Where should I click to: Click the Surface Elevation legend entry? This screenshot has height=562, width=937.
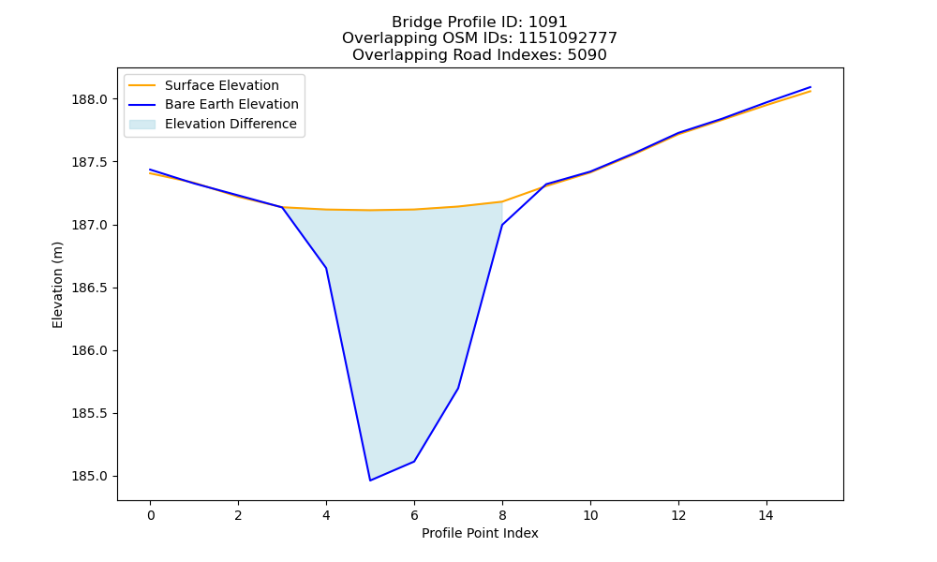[203, 85]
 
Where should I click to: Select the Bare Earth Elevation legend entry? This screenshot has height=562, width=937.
[214, 105]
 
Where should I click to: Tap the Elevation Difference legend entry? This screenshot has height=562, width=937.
[213, 125]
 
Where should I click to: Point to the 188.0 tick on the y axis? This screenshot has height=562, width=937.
[91, 99]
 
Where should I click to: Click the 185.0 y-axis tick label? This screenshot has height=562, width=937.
[91, 477]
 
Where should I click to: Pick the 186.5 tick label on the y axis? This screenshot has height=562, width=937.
[91, 288]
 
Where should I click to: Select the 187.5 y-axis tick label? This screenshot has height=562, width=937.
[91, 162]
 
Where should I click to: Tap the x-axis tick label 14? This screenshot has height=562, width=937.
[766, 515]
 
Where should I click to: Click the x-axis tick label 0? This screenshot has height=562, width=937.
[151, 515]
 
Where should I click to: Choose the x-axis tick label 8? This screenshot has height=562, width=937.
[502, 515]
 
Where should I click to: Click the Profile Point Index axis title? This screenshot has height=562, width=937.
[480, 533]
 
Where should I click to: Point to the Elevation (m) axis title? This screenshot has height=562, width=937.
[57, 285]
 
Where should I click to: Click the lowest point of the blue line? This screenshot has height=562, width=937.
[370, 481]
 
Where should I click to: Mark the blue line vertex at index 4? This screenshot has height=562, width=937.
[326, 268]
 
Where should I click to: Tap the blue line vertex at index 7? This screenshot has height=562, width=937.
[458, 388]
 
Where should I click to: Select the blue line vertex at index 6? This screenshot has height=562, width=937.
[414, 461]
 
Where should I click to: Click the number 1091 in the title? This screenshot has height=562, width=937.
[547, 22]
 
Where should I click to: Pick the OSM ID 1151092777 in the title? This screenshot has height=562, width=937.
[568, 38]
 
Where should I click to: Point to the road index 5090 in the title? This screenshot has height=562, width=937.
[587, 55]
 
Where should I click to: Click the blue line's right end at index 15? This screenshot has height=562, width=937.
[811, 87]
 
